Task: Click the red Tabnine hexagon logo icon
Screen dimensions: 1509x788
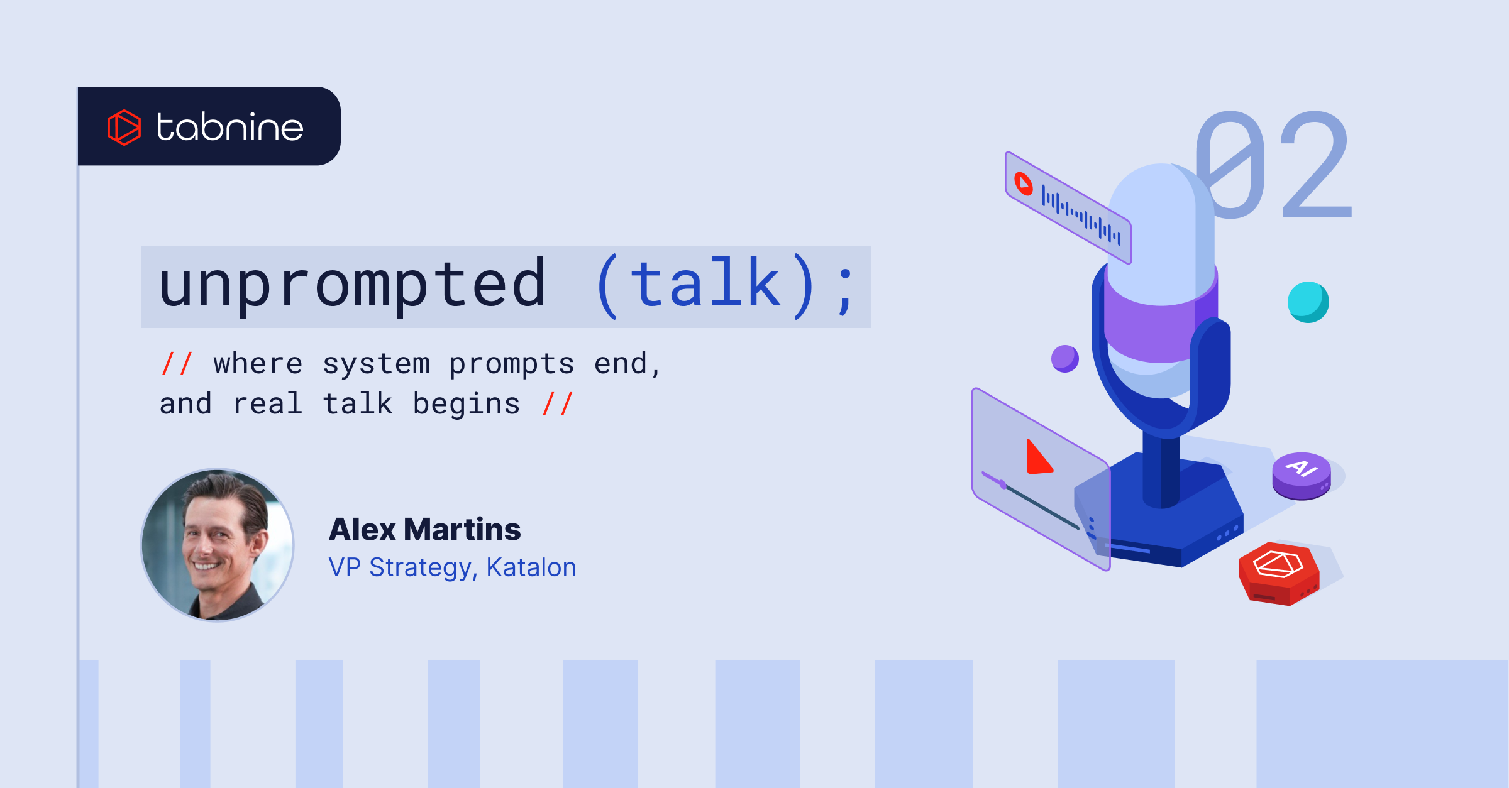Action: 124,127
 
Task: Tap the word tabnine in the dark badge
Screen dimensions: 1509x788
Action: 230,127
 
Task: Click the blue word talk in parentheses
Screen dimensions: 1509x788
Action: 705,284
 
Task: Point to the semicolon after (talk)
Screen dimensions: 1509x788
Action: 846,291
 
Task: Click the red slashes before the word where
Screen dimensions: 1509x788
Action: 177,364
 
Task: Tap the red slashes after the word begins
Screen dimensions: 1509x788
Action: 558,403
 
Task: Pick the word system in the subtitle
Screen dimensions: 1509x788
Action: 376,364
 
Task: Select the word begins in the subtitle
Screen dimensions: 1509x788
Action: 467,404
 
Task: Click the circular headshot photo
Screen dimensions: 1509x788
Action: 218,545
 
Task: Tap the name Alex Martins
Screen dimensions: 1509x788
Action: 425,529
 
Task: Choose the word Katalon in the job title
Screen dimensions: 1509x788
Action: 531,567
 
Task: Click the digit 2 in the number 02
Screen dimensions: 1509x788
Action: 1317,165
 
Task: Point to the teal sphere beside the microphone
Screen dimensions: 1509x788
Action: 1308,302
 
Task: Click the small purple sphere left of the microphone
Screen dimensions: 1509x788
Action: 1065,359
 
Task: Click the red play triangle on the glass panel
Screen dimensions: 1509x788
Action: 1039,457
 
